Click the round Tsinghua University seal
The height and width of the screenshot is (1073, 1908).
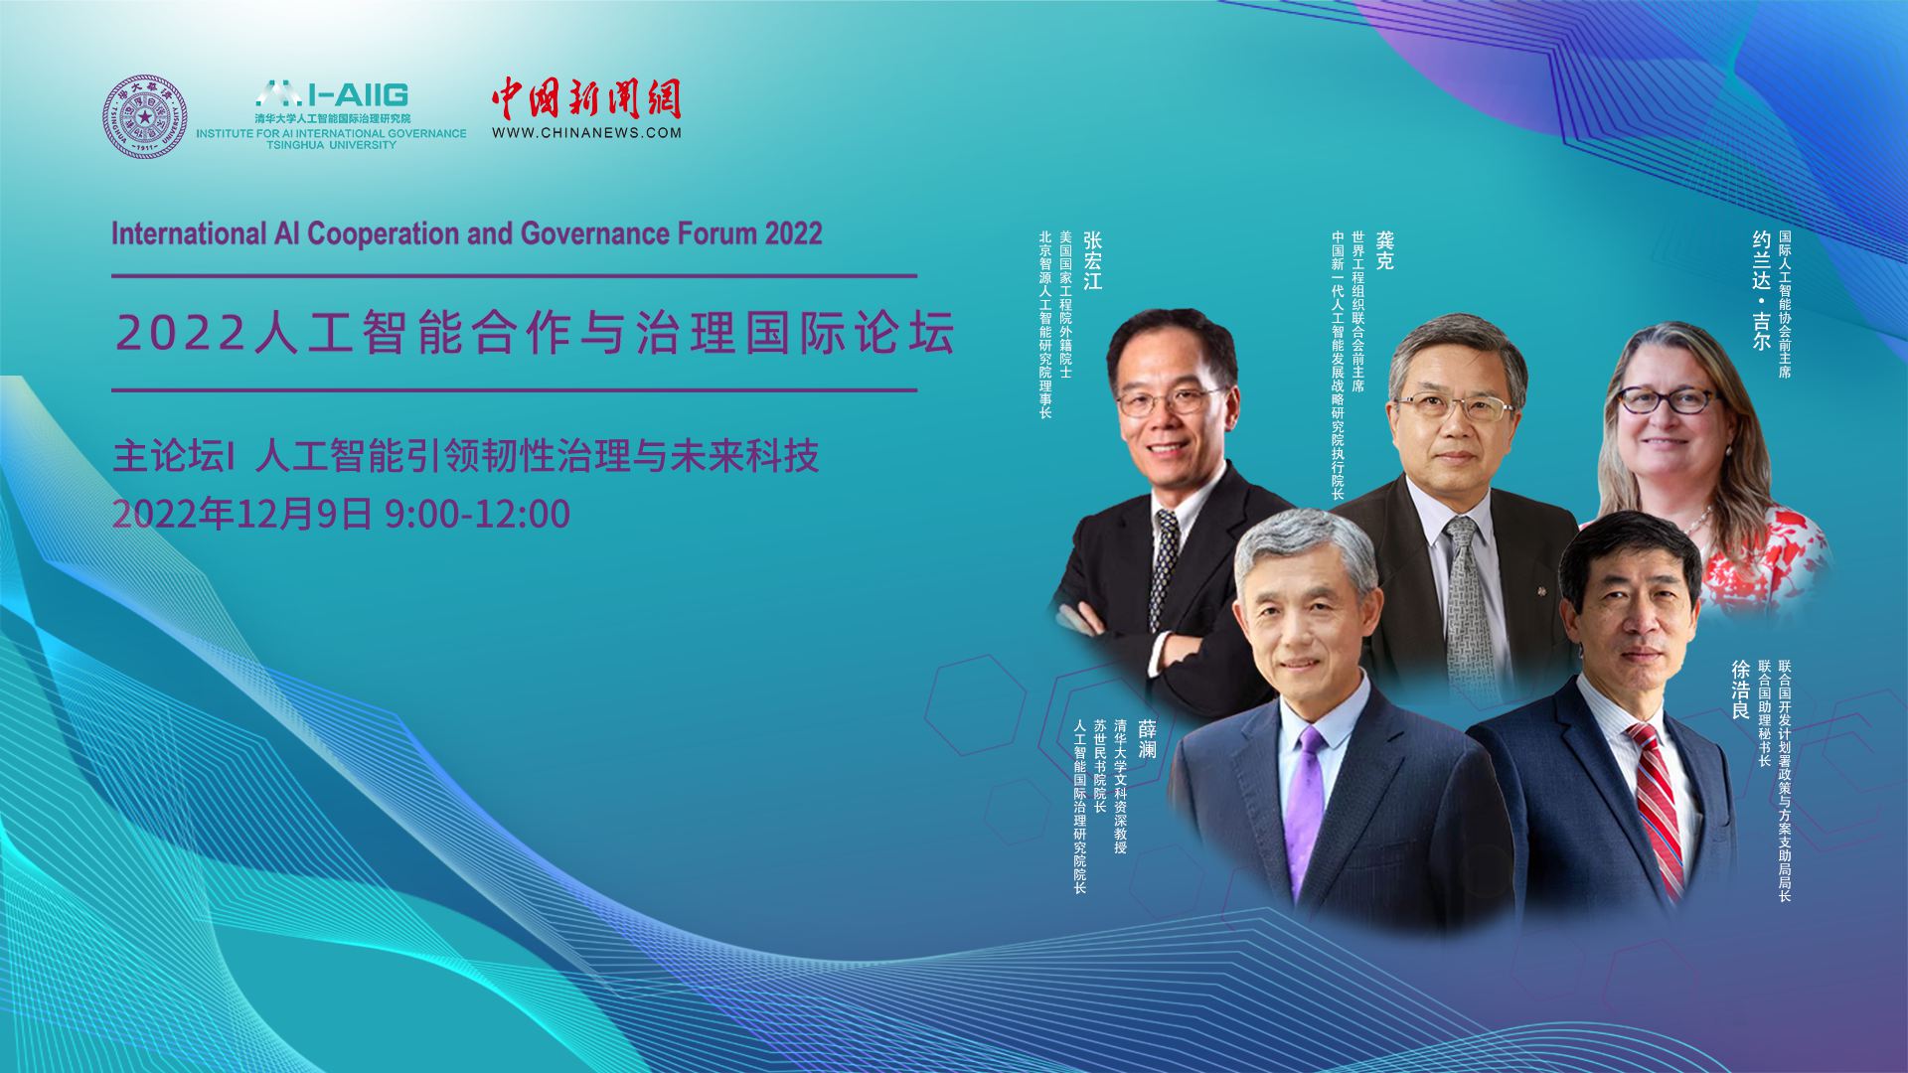[146, 117]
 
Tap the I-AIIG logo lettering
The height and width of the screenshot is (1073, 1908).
[333, 94]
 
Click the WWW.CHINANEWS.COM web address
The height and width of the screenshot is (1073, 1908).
[586, 132]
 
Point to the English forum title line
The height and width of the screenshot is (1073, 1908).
[467, 233]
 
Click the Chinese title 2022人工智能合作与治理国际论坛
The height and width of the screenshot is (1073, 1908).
[536, 333]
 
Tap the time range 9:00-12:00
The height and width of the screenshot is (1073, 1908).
[478, 514]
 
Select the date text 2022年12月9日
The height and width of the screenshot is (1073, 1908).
[242, 514]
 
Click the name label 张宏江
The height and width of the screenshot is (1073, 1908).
[1093, 260]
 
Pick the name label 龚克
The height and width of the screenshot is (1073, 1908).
[1385, 251]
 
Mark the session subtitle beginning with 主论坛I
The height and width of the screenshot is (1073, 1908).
[466, 457]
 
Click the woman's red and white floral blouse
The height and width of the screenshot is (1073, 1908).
[1759, 561]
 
